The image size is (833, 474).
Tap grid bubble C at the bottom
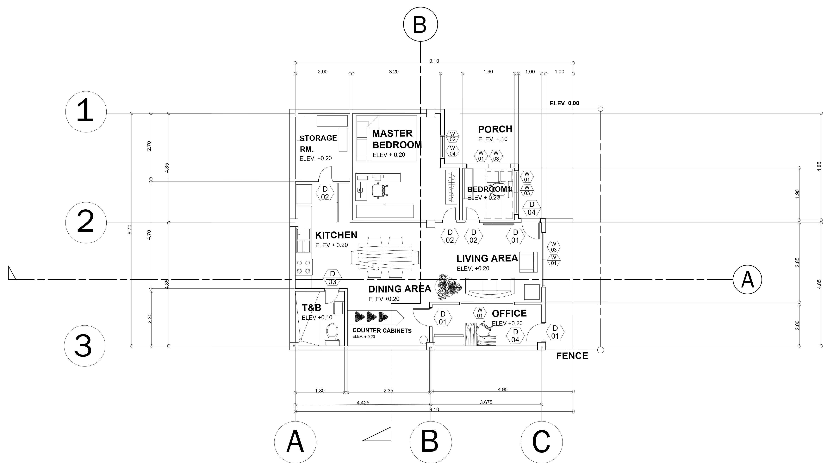541,442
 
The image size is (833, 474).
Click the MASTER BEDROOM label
397,139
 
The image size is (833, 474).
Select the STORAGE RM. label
318,143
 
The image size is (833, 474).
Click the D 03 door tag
332,278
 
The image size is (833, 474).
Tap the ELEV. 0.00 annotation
564,103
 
